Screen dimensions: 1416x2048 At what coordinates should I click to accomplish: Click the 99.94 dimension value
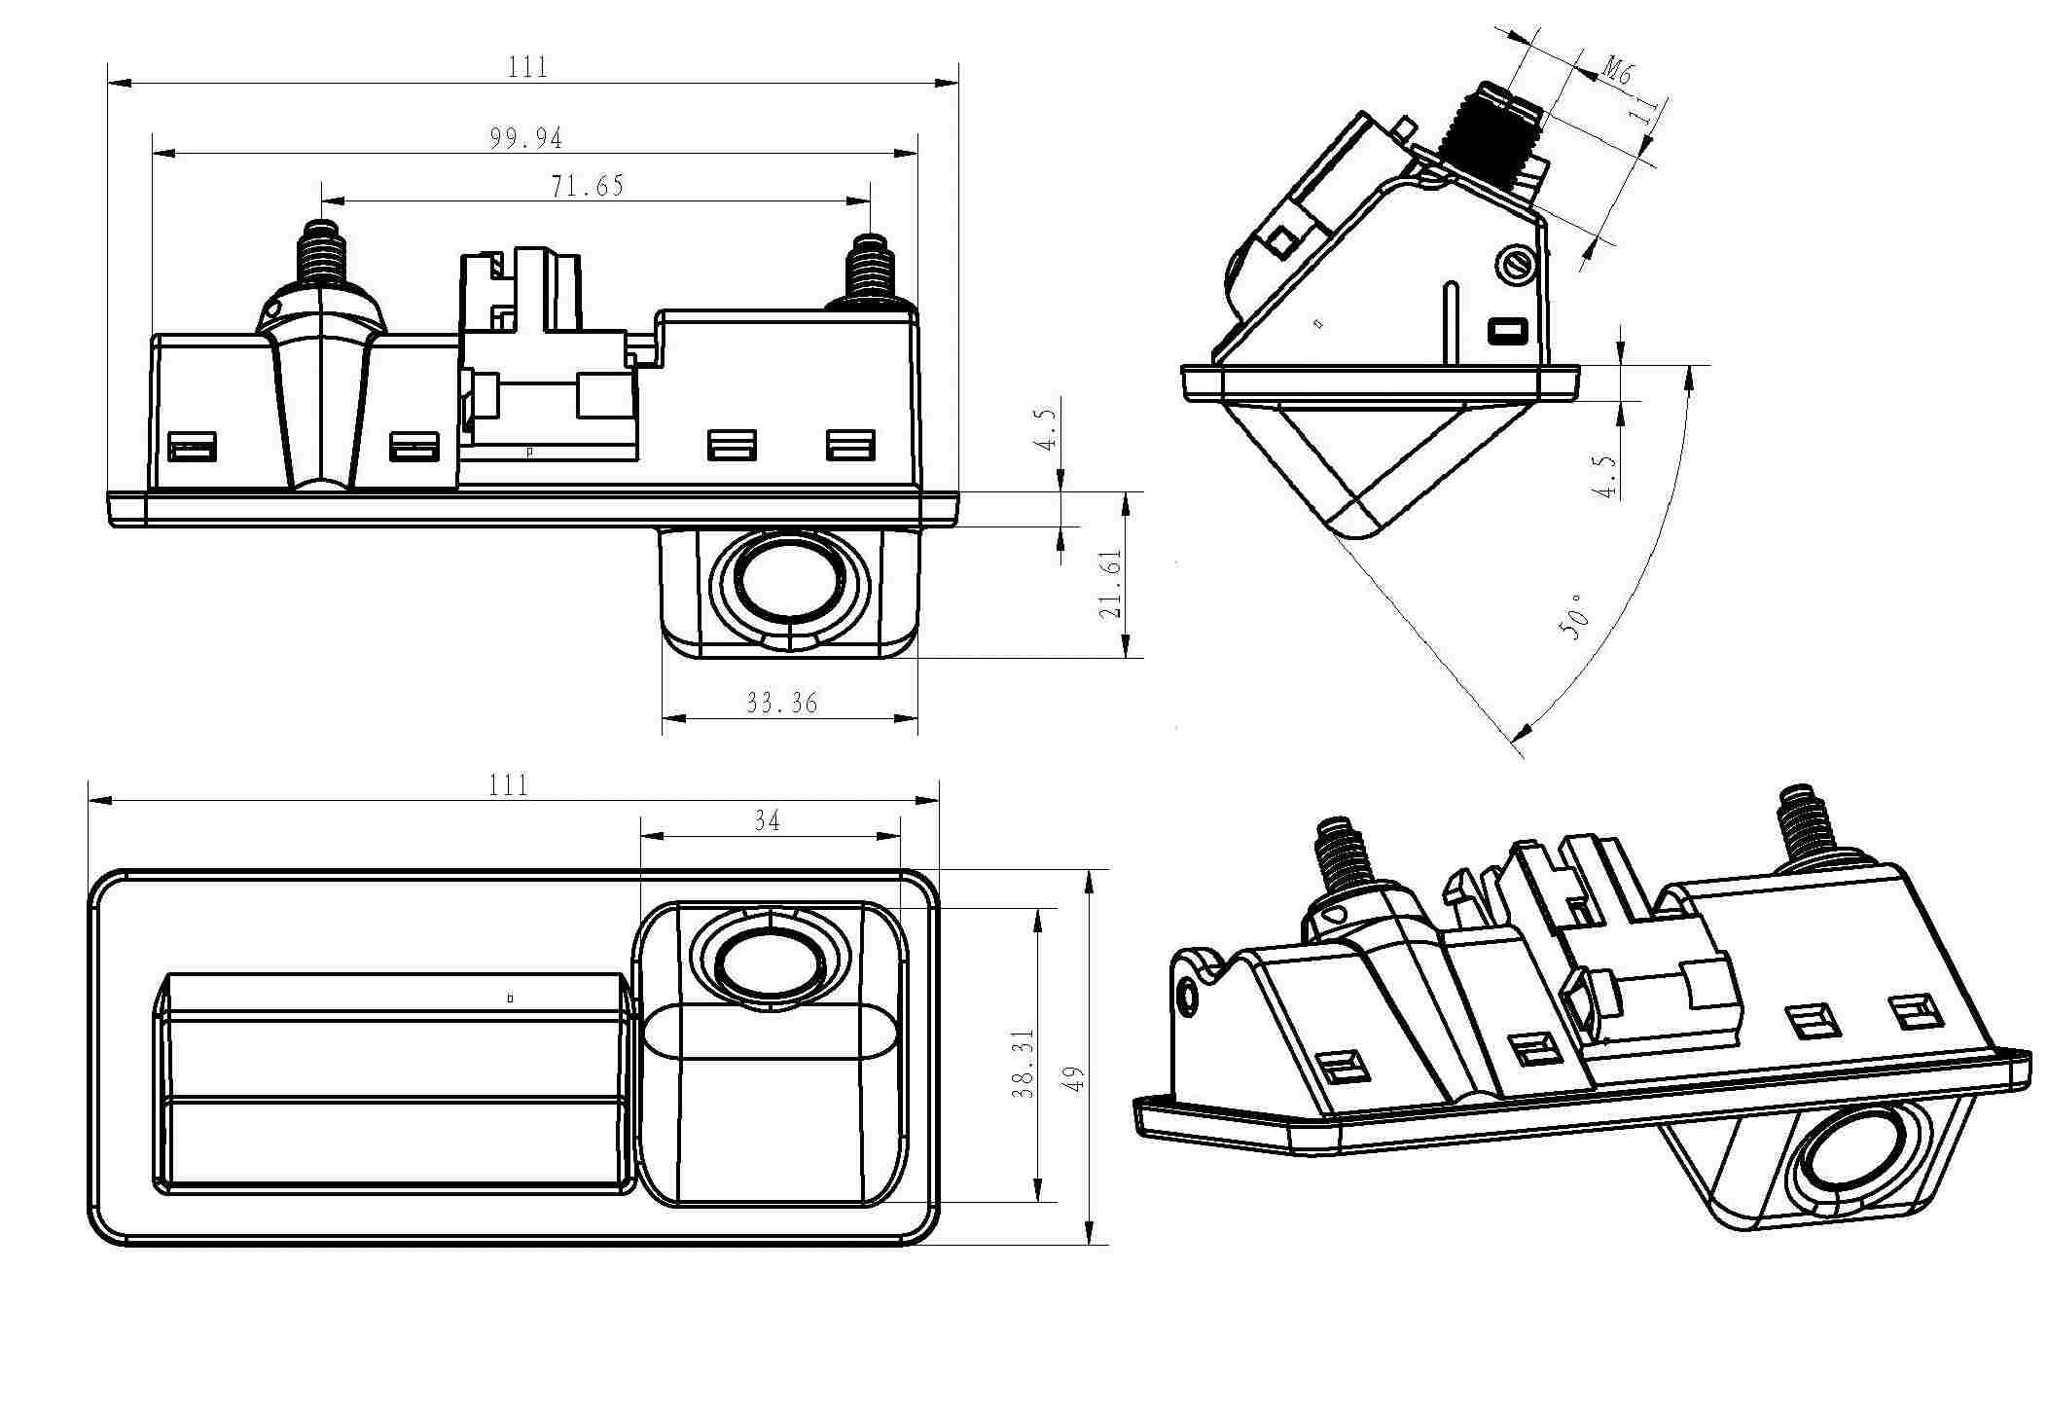click(526, 139)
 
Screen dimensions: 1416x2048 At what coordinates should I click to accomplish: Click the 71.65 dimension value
click(588, 186)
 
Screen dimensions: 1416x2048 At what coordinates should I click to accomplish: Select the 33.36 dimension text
click(781, 703)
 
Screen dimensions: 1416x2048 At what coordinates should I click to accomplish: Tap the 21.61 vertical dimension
click(1110, 584)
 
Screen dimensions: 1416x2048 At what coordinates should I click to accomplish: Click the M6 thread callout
click(1617, 70)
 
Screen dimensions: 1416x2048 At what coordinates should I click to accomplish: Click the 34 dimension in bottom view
click(768, 821)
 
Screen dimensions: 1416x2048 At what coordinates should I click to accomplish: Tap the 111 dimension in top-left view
click(527, 67)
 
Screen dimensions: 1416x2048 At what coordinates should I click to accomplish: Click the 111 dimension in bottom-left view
click(508, 785)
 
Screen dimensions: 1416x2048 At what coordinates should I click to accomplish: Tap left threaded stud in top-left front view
click(321, 255)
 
